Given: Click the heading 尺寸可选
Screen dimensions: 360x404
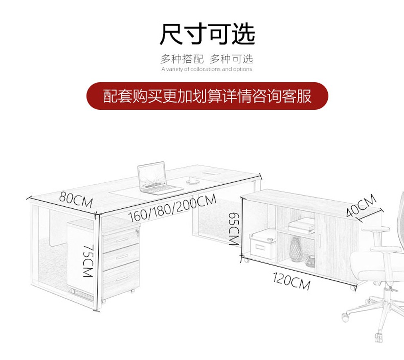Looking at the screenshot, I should tap(207, 34).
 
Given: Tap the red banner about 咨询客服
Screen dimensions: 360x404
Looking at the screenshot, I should tap(207, 96).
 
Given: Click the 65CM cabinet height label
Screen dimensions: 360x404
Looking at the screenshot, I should tap(233, 229).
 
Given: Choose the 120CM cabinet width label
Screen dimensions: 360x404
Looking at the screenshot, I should tap(291, 281).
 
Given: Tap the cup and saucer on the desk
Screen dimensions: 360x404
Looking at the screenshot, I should tap(193, 180).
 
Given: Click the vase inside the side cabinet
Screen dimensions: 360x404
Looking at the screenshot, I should tap(296, 249).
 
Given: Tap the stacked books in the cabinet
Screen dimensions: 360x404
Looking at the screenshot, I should tap(302, 225).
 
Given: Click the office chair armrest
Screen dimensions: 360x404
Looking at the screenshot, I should tap(375, 229).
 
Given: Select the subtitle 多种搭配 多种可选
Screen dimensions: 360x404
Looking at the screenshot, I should tap(206, 59).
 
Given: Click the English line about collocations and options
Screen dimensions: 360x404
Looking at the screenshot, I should tap(206, 69).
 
